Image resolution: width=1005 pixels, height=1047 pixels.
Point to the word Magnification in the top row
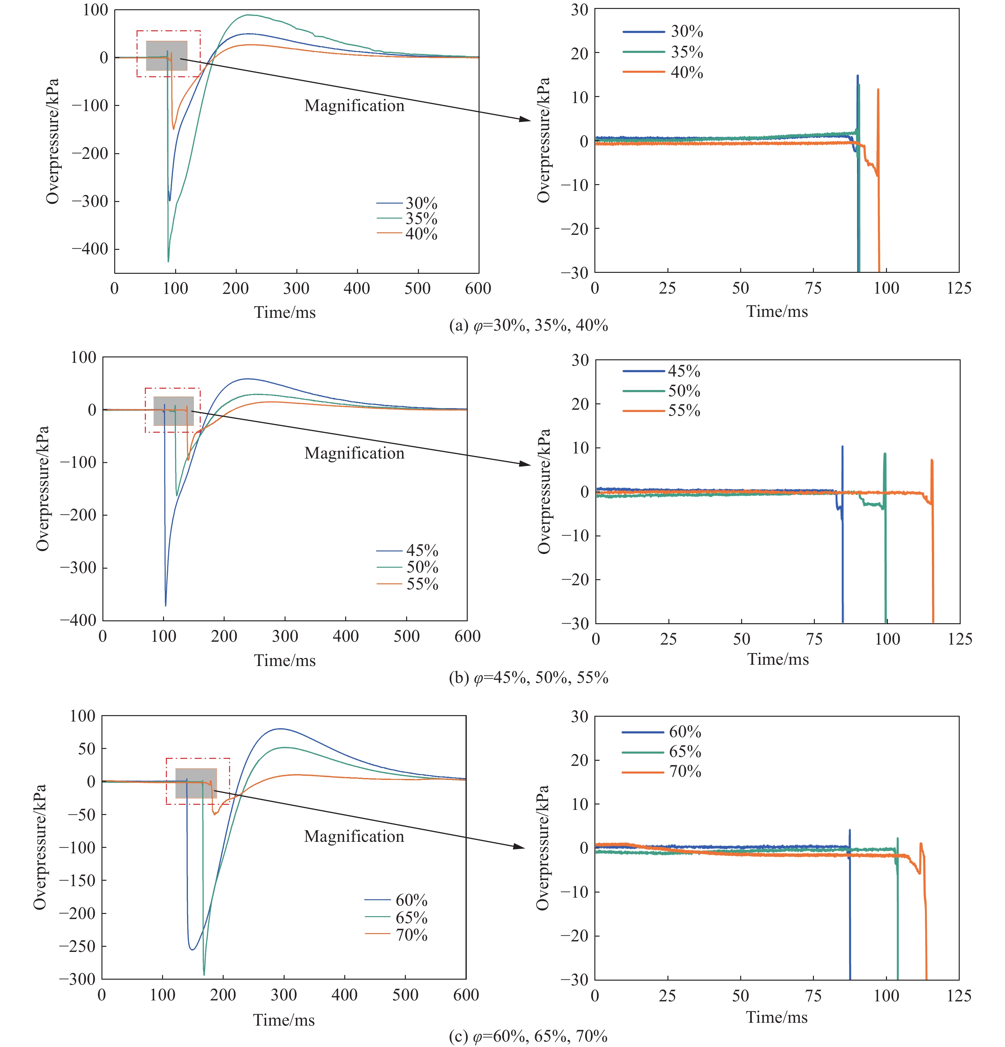[x=354, y=106]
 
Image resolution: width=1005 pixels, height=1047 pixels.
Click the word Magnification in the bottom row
[x=354, y=836]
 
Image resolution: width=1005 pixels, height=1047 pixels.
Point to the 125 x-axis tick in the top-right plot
[x=958, y=288]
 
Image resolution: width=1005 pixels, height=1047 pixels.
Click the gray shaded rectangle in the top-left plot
[x=167, y=56]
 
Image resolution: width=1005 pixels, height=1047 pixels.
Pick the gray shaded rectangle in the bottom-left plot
[x=196, y=783]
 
